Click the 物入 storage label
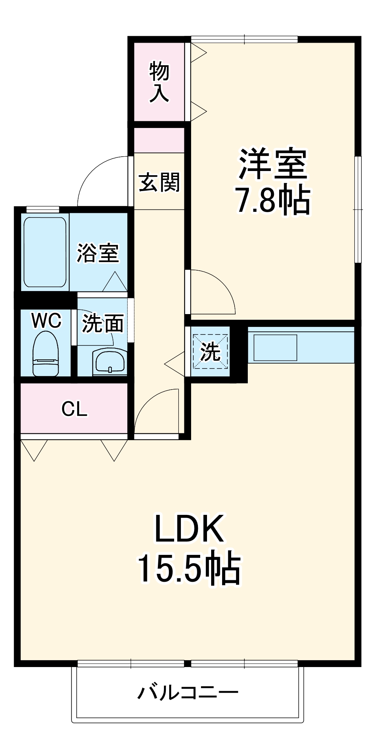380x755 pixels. coord(159,82)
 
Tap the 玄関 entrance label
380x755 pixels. coord(159,182)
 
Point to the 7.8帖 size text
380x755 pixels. coord(273,200)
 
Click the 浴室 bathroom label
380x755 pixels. coord(98,253)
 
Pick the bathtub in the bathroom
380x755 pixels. coord(45,252)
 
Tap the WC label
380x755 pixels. coord(46,321)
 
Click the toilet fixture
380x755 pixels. coord(46,354)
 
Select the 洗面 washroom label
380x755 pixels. coord(103,324)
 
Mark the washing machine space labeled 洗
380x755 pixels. coord(210,351)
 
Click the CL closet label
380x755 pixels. coord(74,409)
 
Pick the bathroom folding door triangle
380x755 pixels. coord(115,282)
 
